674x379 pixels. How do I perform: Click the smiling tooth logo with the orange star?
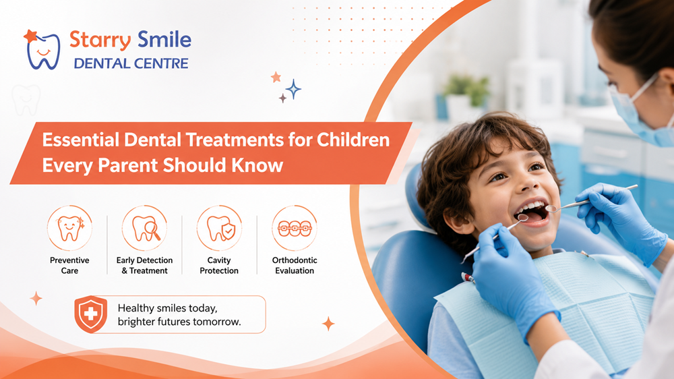(42, 50)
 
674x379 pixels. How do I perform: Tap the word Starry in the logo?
(100, 40)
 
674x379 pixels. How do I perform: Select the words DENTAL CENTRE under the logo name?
(131, 63)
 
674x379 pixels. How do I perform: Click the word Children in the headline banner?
(353, 140)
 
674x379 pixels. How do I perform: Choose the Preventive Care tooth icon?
(69, 228)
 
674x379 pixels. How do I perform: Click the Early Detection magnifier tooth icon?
(144, 228)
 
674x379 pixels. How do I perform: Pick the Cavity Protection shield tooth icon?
(219, 228)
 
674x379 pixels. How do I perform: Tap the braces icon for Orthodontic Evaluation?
(295, 228)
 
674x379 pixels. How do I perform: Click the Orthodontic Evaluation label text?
(295, 266)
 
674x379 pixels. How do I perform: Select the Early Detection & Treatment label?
(144, 266)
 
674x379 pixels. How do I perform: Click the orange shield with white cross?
(91, 314)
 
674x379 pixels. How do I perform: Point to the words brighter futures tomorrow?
(179, 322)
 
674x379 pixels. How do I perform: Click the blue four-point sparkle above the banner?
(293, 90)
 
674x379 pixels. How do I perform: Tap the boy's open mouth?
(532, 212)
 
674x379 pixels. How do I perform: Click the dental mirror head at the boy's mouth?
(523, 218)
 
